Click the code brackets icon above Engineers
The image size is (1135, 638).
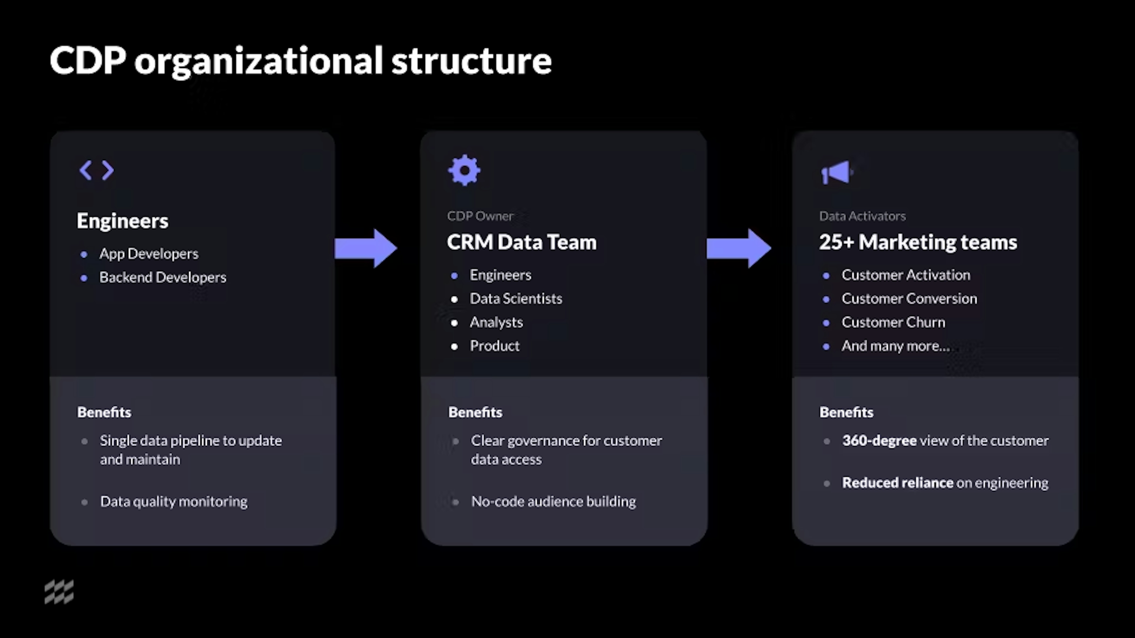(96, 170)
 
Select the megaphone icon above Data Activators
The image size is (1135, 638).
(836, 172)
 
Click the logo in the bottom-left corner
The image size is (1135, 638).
(59, 592)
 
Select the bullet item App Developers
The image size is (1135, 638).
(148, 254)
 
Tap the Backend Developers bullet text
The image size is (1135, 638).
(163, 277)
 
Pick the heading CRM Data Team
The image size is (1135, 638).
(521, 242)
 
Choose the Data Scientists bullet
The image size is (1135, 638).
(515, 299)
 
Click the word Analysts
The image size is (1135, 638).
(496, 322)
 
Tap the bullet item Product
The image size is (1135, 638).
(494, 346)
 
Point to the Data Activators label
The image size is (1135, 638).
(862, 216)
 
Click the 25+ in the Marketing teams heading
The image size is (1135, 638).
(836, 242)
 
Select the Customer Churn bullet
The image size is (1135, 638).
(893, 322)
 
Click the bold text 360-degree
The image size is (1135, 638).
(879, 441)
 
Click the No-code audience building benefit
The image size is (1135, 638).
(553, 502)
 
